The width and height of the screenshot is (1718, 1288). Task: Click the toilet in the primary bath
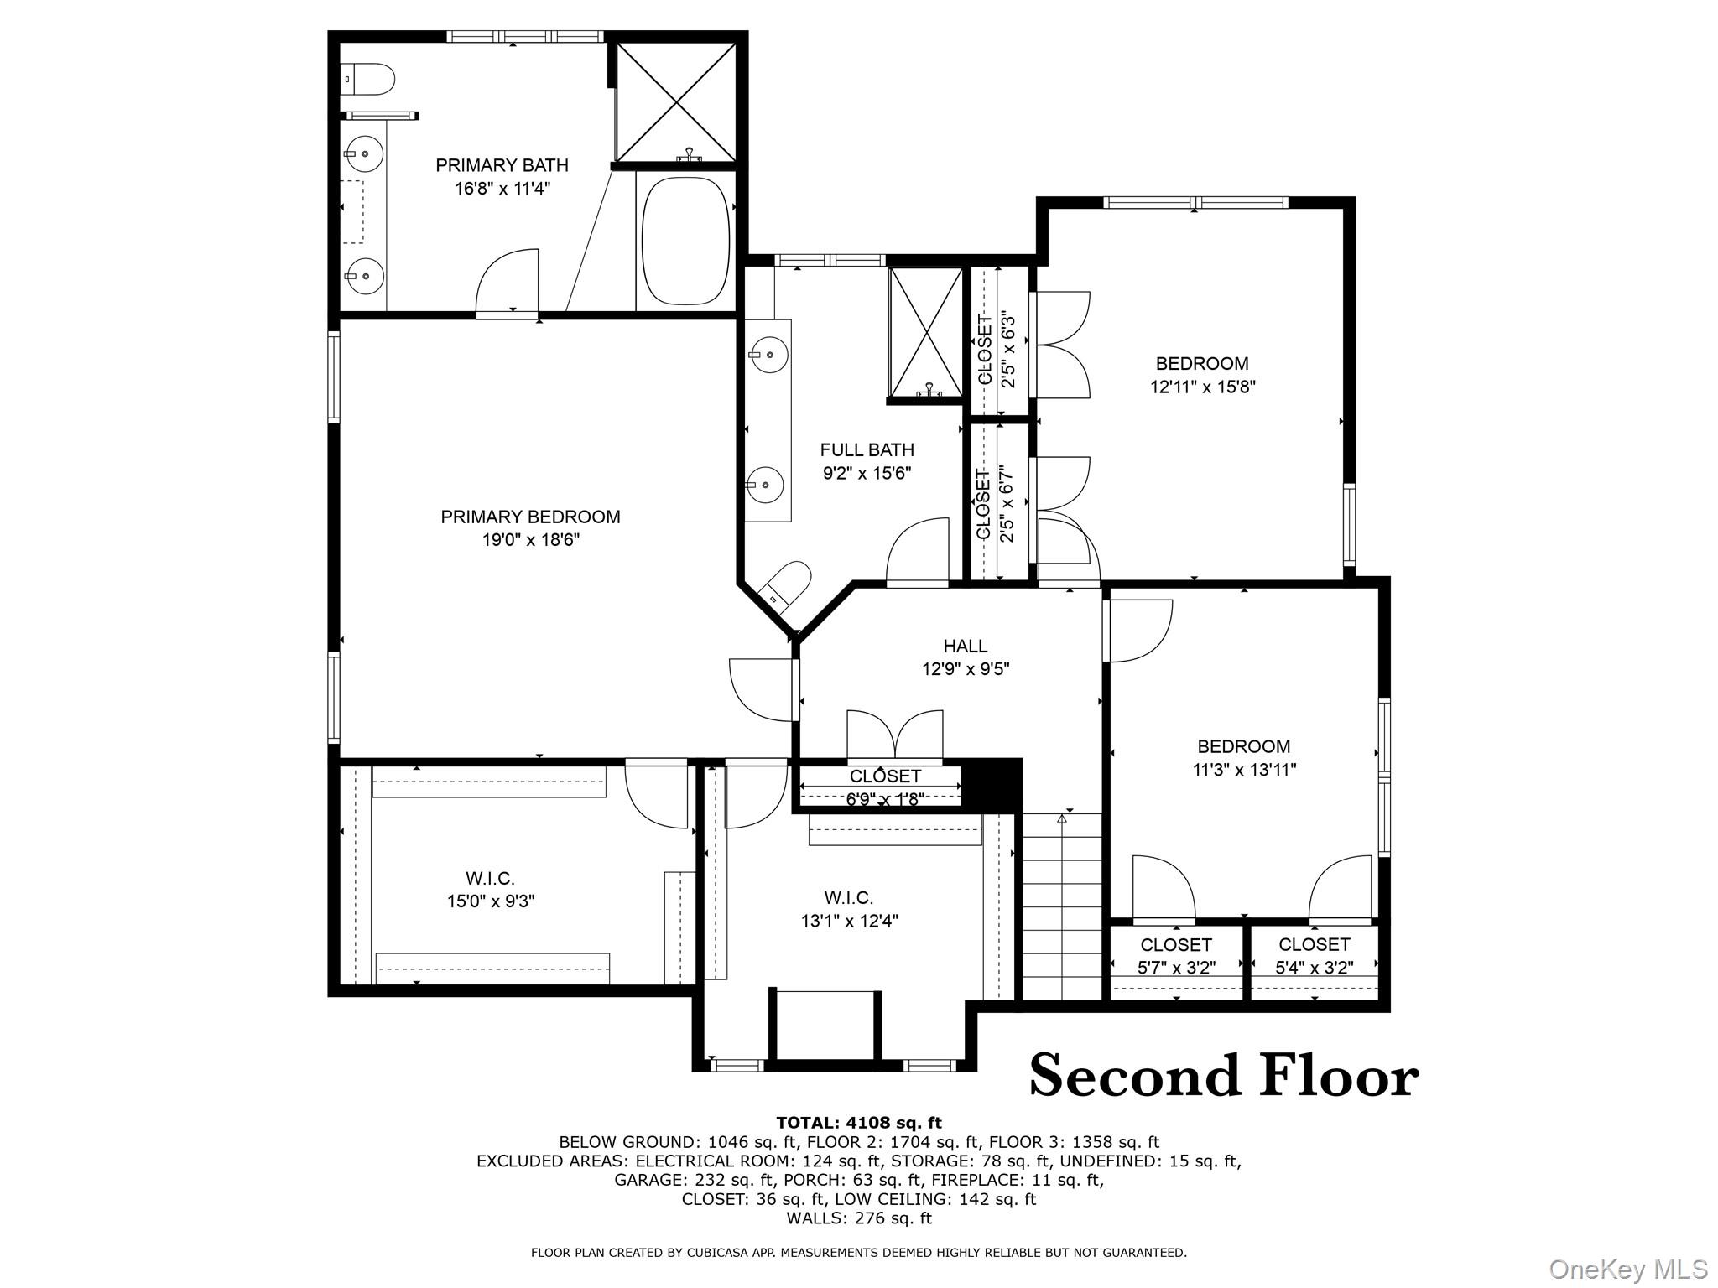tap(370, 79)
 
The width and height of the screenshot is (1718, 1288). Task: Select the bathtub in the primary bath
tap(685, 241)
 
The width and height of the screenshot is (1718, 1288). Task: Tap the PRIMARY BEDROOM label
tap(530, 517)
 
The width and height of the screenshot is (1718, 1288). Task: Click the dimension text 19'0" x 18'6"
tap(530, 540)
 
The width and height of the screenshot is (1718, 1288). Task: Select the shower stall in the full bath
tap(926, 332)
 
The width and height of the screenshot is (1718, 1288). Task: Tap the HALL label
tap(965, 646)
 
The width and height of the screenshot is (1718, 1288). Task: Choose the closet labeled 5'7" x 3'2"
tap(1176, 956)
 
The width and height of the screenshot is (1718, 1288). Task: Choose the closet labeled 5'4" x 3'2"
tap(1315, 956)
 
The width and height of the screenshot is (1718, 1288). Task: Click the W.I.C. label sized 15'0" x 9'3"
tap(490, 879)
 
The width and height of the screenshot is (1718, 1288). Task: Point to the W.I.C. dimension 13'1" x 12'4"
tap(849, 922)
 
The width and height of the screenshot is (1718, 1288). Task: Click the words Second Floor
tap(1223, 1076)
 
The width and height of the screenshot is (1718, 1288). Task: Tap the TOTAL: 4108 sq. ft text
tap(858, 1123)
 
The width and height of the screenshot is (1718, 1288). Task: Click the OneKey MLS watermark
tap(1627, 1269)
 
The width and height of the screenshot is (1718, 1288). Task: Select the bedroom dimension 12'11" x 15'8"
tap(1202, 387)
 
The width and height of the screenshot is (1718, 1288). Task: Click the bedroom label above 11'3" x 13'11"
tap(1243, 746)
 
